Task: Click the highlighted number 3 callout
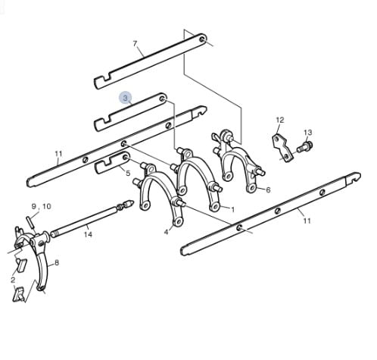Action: tap(126, 98)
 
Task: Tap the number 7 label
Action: tap(135, 44)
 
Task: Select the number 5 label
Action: tap(128, 174)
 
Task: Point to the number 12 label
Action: tap(280, 120)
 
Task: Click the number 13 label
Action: tap(308, 133)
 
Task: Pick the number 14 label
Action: tap(88, 234)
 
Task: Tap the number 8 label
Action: tap(57, 263)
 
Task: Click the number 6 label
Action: tap(268, 189)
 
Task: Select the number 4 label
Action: tap(166, 232)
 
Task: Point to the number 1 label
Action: tap(232, 210)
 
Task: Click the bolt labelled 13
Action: tap(305, 146)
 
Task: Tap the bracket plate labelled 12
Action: tap(282, 149)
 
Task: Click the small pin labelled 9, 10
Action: tap(30, 222)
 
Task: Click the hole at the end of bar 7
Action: tap(202, 39)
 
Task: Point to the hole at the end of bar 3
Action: tap(163, 99)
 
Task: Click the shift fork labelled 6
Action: tap(238, 159)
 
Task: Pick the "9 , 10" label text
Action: tap(42, 206)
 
